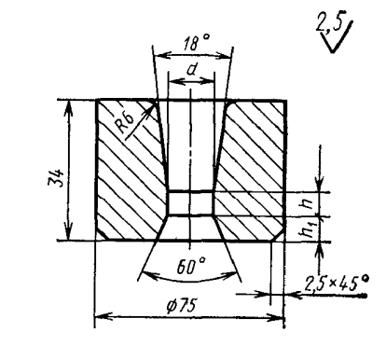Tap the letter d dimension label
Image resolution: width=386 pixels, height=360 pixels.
click(x=191, y=70)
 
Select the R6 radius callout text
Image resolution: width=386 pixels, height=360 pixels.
click(x=126, y=122)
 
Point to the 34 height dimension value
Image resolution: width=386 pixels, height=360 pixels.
click(x=56, y=178)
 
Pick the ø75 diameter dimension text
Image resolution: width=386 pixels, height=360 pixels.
click(x=182, y=307)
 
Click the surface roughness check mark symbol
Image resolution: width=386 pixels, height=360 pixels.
click(x=338, y=37)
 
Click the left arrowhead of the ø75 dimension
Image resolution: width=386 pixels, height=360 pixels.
click(x=102, y=317)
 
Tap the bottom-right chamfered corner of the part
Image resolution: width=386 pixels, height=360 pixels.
click(x=279, y=234)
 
